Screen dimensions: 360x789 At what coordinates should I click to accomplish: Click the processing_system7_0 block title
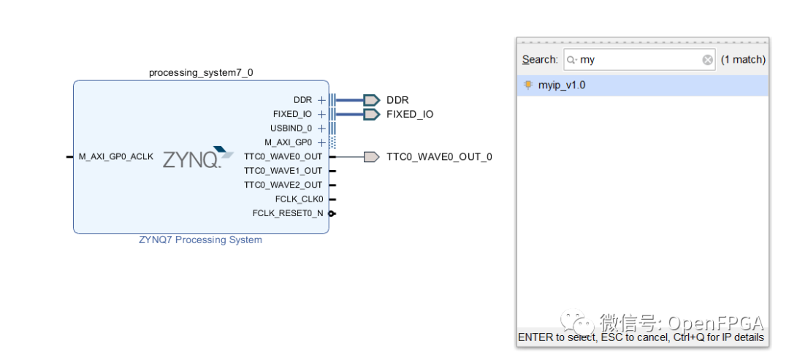[201, 72]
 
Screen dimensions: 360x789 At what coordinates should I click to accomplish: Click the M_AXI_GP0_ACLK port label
[116, 156]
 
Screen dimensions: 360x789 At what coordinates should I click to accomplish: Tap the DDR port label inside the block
[302, 100]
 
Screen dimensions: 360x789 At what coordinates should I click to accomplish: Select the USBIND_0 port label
[291, 129]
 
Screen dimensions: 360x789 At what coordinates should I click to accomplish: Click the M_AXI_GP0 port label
[288, 142]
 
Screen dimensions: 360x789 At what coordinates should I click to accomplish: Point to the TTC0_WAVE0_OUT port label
[283, 156]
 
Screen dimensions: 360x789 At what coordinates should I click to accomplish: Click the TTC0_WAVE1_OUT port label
[283, 171]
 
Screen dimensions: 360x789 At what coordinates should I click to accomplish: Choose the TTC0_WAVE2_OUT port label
[283, 185]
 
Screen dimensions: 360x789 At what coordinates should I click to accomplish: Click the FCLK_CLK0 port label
[299, 199]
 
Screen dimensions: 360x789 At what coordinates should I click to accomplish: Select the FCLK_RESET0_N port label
[288, 213]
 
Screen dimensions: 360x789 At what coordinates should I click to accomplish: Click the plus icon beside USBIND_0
[321, 129]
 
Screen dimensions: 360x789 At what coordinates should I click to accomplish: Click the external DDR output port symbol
[371, 100]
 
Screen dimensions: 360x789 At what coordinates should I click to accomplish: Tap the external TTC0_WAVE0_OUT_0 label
[439, 157]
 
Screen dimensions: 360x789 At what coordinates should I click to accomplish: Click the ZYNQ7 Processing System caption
[200, 240]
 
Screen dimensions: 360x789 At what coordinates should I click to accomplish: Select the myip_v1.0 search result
[562, 85]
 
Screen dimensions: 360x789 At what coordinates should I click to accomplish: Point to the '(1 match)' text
[743, 60]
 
